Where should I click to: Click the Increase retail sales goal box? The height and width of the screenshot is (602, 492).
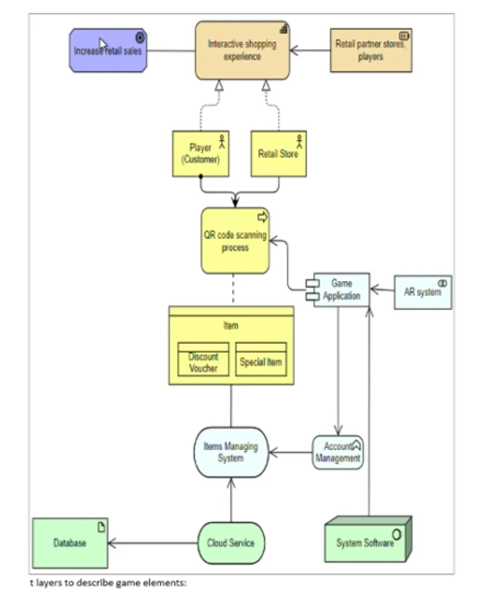tap(108, 50)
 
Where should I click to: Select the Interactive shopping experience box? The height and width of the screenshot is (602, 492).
tap(242, 50)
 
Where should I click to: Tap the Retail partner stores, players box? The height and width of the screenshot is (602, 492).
tap(371, 50)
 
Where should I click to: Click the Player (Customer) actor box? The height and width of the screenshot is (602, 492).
tap(200, 154)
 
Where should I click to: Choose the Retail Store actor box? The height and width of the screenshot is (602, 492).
tap(278, 154)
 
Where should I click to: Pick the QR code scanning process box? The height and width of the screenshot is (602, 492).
tap(235, 241)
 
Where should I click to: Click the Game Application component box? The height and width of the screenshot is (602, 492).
tap(338, 290)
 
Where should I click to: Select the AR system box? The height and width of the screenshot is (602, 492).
tap(423, 292)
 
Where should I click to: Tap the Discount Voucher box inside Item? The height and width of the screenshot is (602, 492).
tap(203, 360)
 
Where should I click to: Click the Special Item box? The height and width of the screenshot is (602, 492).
tap(261, 360)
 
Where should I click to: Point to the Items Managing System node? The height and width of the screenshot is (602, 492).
tap(231, 452)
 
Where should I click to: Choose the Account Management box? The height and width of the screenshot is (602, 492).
tap(338, 452)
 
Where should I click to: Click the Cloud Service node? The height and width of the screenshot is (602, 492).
tap(231, 543)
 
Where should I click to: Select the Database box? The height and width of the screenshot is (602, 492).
tap(70, 543)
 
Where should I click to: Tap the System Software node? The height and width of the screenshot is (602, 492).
tap(368, 540)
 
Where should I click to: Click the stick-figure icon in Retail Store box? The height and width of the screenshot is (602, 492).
tap(299, 141)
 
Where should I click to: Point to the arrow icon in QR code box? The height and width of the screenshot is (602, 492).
tap(262, 217)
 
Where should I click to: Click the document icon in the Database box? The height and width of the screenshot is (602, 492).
tap(101, 527)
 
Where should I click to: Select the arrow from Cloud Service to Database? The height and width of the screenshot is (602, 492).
tap(153, 543)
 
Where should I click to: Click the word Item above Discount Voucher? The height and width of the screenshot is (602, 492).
tap(231, 326)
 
